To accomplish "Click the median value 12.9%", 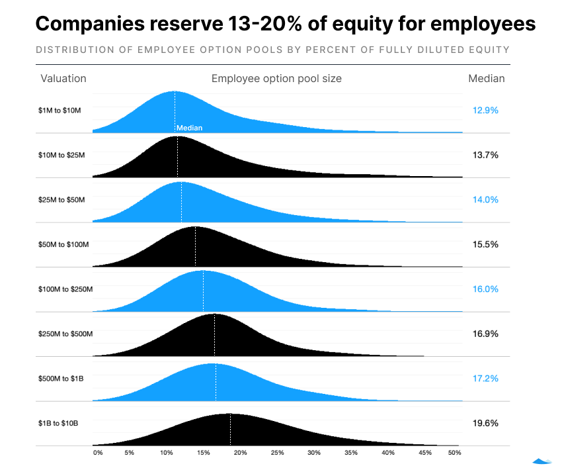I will [x=485, y=111].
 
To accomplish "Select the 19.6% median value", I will [x=485, y=423].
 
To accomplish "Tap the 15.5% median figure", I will [x=485, y=244].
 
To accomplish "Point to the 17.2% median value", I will [x=485, y=379].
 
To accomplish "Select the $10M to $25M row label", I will [x=61, y=155].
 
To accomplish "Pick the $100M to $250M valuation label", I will [x=65, y=289].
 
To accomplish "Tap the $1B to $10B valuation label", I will [x=58, y=423].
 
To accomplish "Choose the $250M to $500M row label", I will [x=65, y=334].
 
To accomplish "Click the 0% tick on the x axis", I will [x=98, y=453].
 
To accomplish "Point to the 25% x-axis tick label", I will [x=277, y=453].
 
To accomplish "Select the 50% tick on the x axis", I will [x=454, y=453].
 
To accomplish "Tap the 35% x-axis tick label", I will [x=350, y=453].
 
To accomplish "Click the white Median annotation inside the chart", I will [x=189, y=128].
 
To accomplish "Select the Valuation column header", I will [x=63, y=78].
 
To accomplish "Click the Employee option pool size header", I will [x=276, y=78].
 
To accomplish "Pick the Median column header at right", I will [x=486, y=78].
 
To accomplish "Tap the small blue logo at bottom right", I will [x=542, y=461].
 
